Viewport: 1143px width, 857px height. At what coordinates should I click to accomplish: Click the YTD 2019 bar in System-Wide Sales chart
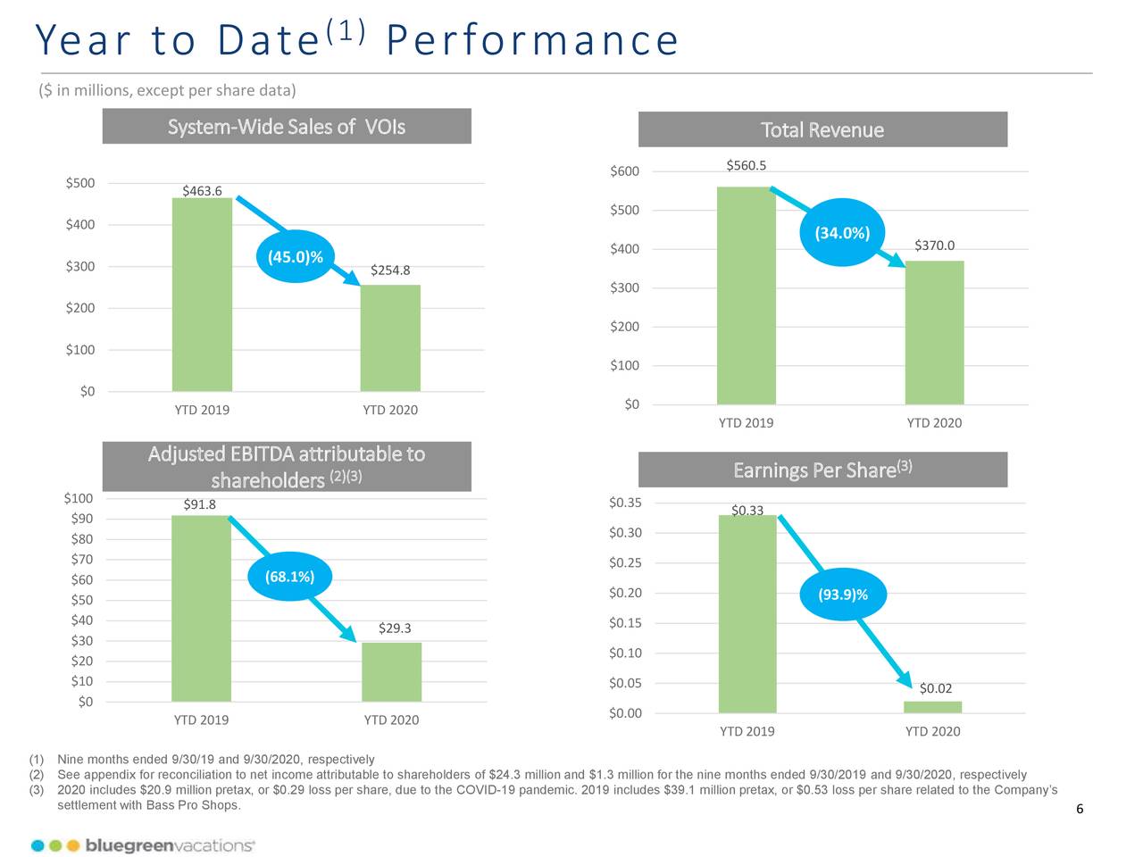coord(202,295)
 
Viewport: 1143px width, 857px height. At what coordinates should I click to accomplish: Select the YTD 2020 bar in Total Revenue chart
coord(934,332)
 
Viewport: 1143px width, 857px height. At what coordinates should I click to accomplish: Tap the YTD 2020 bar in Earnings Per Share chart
coord(932,707)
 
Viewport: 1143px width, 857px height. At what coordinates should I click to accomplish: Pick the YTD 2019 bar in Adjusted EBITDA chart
coord(201,608)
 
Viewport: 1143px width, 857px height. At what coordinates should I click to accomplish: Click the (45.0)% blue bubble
coord(296,257)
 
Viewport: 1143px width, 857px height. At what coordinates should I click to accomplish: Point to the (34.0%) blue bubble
coord(842,233)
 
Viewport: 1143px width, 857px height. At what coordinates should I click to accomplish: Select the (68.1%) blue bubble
coord(289,577)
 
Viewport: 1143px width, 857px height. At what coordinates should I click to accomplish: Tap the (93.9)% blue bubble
coord(843,595)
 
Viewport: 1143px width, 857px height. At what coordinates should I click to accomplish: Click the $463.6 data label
coord(202,190)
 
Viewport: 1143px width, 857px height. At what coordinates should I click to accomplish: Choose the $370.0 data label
coord(934,245)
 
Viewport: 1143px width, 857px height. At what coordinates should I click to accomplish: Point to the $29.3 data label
coord(395,628)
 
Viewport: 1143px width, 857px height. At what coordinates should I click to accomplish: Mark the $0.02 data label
coord(935,688)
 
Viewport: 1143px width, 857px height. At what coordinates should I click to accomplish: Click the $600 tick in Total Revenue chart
coord(624,171)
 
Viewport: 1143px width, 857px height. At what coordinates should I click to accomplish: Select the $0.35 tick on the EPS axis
coord(625,503)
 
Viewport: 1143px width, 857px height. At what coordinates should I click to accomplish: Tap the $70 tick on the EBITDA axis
coord(81,560)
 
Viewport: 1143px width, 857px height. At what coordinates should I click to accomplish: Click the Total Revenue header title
coord(822,130)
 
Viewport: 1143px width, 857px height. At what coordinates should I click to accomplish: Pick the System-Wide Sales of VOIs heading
coord(287,127)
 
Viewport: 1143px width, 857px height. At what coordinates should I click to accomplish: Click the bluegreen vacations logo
coord(143,845)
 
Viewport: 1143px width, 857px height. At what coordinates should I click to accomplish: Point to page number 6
coord(1080,810)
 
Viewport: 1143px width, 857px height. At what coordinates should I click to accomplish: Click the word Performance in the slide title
coord(532,40)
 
